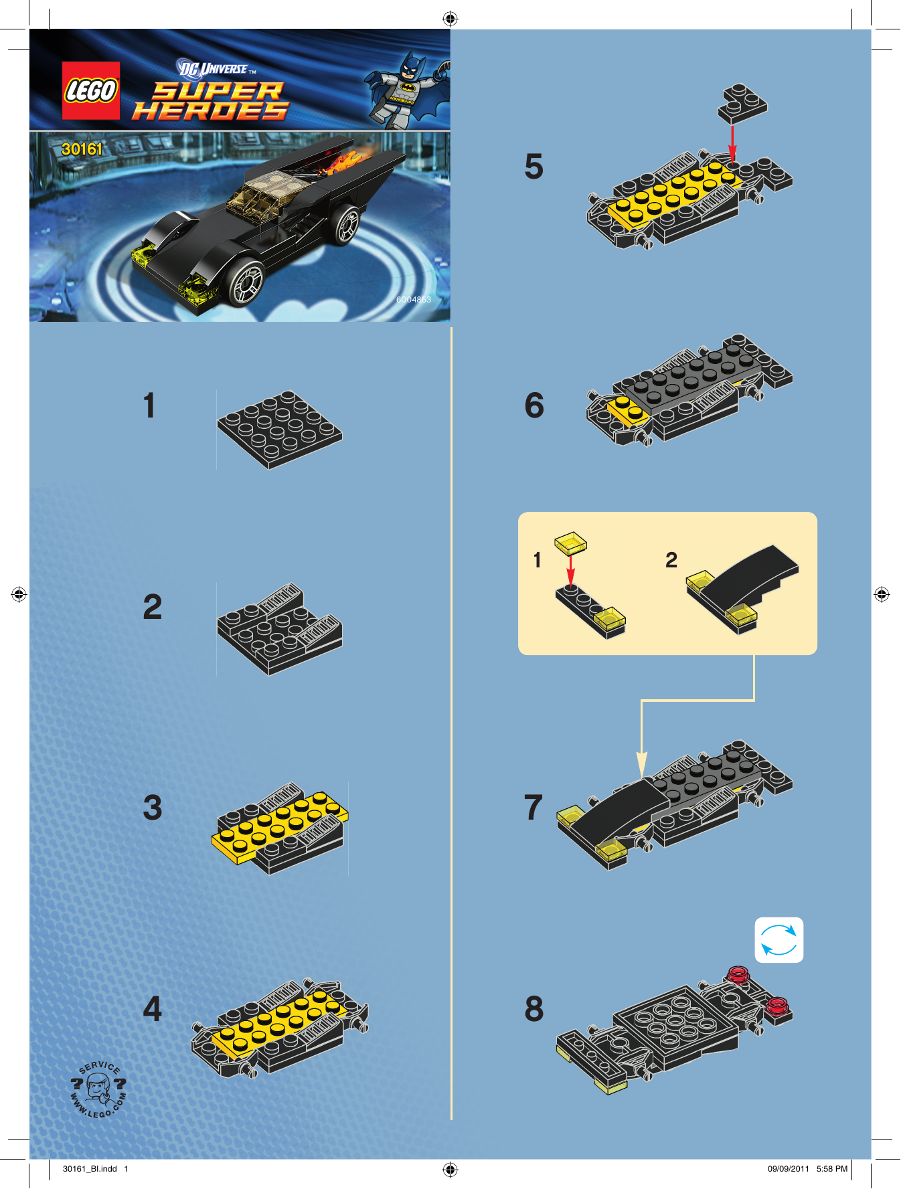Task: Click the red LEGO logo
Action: [91, 91]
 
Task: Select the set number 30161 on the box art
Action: [82, 149]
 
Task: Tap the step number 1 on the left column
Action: [149, 405]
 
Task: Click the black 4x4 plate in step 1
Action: [279, 430]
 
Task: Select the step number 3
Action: [153, 807]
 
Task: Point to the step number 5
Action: [534, 166]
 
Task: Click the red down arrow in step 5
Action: [732, 143]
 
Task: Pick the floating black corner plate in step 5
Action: [742, 104]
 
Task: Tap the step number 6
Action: [534, 405]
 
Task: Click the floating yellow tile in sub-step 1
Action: [570, 543]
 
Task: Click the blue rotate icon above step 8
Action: [779, 940]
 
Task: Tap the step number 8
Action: [534, 1008]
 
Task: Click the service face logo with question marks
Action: [98, 1089]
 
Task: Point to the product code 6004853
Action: [414, 300]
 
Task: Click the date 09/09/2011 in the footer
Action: [789, 1169]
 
